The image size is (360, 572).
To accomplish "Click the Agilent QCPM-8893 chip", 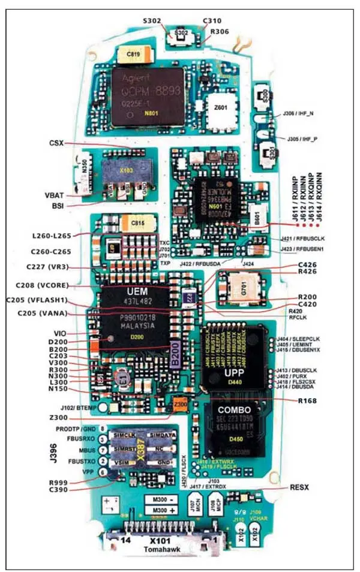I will [148, 96].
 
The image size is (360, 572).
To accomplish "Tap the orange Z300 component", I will [180, 404].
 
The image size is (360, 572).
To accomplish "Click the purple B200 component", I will [176, 354].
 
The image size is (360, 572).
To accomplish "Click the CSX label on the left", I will [56, 143].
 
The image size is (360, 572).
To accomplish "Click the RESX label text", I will [298, 487].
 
